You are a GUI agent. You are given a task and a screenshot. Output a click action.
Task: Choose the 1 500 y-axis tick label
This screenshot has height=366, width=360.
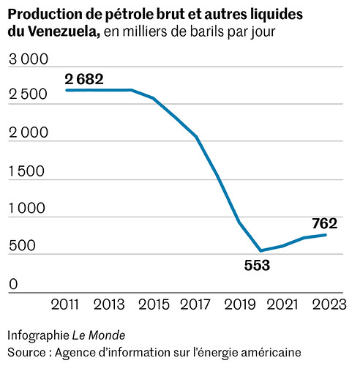[x=28, y=172]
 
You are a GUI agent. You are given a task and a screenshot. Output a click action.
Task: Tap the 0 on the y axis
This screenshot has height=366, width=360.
[x=12, y=284]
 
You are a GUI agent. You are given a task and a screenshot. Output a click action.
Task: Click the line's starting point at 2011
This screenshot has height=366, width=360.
[x=67, y=90]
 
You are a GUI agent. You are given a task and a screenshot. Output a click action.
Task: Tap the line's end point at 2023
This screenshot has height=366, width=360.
[x=325, y=234]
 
